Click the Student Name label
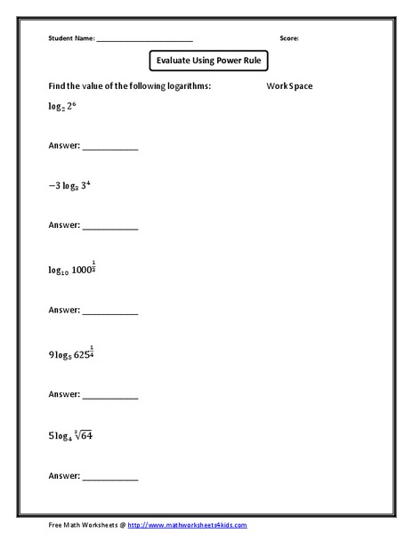point(70,39)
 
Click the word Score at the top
point(288,39)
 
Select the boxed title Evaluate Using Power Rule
point(207,61)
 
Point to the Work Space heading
point(288,86)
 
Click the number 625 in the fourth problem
point(85,353)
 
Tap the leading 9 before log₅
point(51,354)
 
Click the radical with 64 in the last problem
point(88,436)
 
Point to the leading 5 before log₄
point(51,437)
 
